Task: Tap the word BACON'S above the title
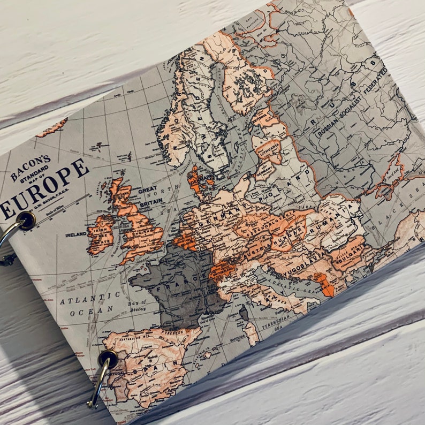31,166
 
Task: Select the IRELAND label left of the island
77,234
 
